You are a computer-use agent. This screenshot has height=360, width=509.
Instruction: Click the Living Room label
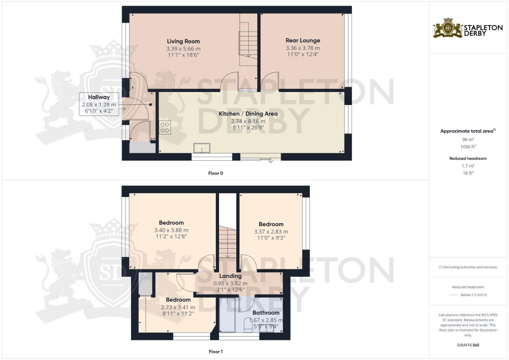coord(183,41)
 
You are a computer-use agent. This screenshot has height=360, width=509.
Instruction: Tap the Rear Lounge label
coord(303,41)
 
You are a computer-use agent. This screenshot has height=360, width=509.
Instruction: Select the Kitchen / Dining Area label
coord(248,114)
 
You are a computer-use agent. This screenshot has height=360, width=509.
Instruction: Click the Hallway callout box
coord(99,104)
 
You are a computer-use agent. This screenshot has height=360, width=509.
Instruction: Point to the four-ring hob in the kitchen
coord(165,127)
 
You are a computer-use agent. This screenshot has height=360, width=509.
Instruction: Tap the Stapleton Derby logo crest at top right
coord(448,28)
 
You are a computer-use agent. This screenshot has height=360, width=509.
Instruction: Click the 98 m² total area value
coord(468,140)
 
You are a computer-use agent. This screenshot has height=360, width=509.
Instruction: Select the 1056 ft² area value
coord(468,147)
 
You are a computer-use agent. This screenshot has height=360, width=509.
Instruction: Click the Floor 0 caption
coord(215,173)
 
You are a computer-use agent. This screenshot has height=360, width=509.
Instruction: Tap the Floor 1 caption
coord(215,352)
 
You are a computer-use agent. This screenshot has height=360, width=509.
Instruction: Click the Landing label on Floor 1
coord(230,276)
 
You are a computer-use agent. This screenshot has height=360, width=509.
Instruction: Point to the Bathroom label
coord(266,313)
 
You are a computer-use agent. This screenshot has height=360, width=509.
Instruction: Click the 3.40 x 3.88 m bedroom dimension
coord(171,230)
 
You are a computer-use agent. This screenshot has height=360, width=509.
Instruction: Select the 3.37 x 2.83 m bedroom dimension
coord(271,232)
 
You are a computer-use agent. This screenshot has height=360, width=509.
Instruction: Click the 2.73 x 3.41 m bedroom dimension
coord(178,307)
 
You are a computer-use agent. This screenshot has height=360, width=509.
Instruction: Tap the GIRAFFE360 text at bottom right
coord(468,345)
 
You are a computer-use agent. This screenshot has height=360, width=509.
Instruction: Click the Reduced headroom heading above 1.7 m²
coord(468,159)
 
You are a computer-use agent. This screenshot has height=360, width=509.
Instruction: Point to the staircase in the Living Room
coord(248,45)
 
